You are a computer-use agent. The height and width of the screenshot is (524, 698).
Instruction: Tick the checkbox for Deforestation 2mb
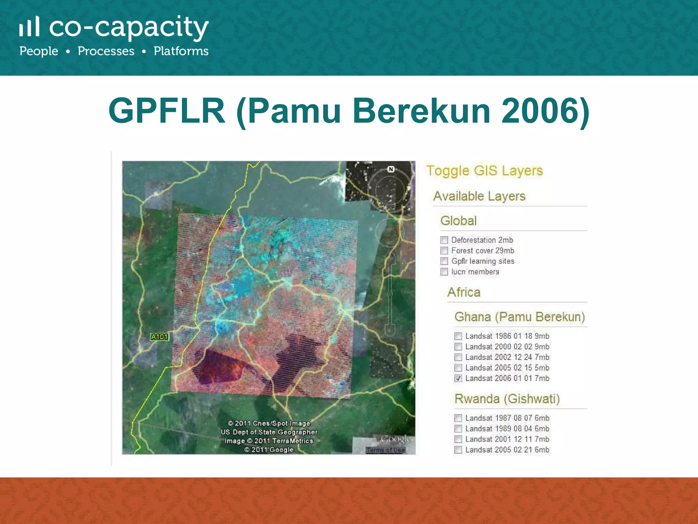pyautogui.click(x=444, y=240)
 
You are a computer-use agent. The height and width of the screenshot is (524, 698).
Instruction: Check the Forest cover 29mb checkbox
pyautogui.click(x=444, y=251)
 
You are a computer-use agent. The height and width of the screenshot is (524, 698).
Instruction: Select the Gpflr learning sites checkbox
pyautogui.click(x=444, y=261)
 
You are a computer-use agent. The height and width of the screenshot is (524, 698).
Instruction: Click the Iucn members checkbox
pyautogui.click(x=444, y=272)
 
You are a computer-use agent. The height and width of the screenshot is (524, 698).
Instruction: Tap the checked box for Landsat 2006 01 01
pyautogui.click(x=458, y=378)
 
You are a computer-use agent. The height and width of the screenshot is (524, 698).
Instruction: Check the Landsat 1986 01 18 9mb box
pyautogui.click(x=458, y=336)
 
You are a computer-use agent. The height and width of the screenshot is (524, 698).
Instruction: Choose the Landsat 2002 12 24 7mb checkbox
pyautogui.click(x=458, y=357)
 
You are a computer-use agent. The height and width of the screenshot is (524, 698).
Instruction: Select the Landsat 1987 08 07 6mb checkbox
pyautogui.click(x=458, y=418)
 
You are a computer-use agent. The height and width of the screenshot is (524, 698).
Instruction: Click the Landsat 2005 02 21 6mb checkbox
pyautogui.click(x=458, y=450)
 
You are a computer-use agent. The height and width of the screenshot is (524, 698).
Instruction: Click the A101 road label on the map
pyautogui.click(x=160, y=337)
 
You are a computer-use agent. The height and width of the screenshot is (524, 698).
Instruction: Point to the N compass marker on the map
pyautogui.click(x=391, y=169)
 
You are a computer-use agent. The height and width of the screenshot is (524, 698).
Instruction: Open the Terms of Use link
pyautogui.click(x=385, y=450)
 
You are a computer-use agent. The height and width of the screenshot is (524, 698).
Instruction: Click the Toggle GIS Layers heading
pyautogui.click(x=484, y=171)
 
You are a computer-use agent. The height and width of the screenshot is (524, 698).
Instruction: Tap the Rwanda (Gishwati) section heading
pyautogui.click(x=507, y=398)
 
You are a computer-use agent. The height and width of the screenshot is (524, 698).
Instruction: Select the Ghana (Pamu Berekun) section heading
pyautogui.click(x=519, y=317)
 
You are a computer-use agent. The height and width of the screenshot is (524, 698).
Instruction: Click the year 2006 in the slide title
pyautogui.click(x=539, y=111)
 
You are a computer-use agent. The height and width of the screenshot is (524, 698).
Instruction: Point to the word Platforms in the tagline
pyautogui.click(x=181, y=51)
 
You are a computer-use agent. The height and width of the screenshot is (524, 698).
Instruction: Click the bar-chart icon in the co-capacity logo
pyautogui.click(x=29, y=27)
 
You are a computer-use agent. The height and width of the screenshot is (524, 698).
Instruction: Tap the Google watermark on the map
pyautogui.click(x=395, y=438)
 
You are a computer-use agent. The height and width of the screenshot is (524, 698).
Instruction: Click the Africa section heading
pyautogui.click(x=464, y=292)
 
